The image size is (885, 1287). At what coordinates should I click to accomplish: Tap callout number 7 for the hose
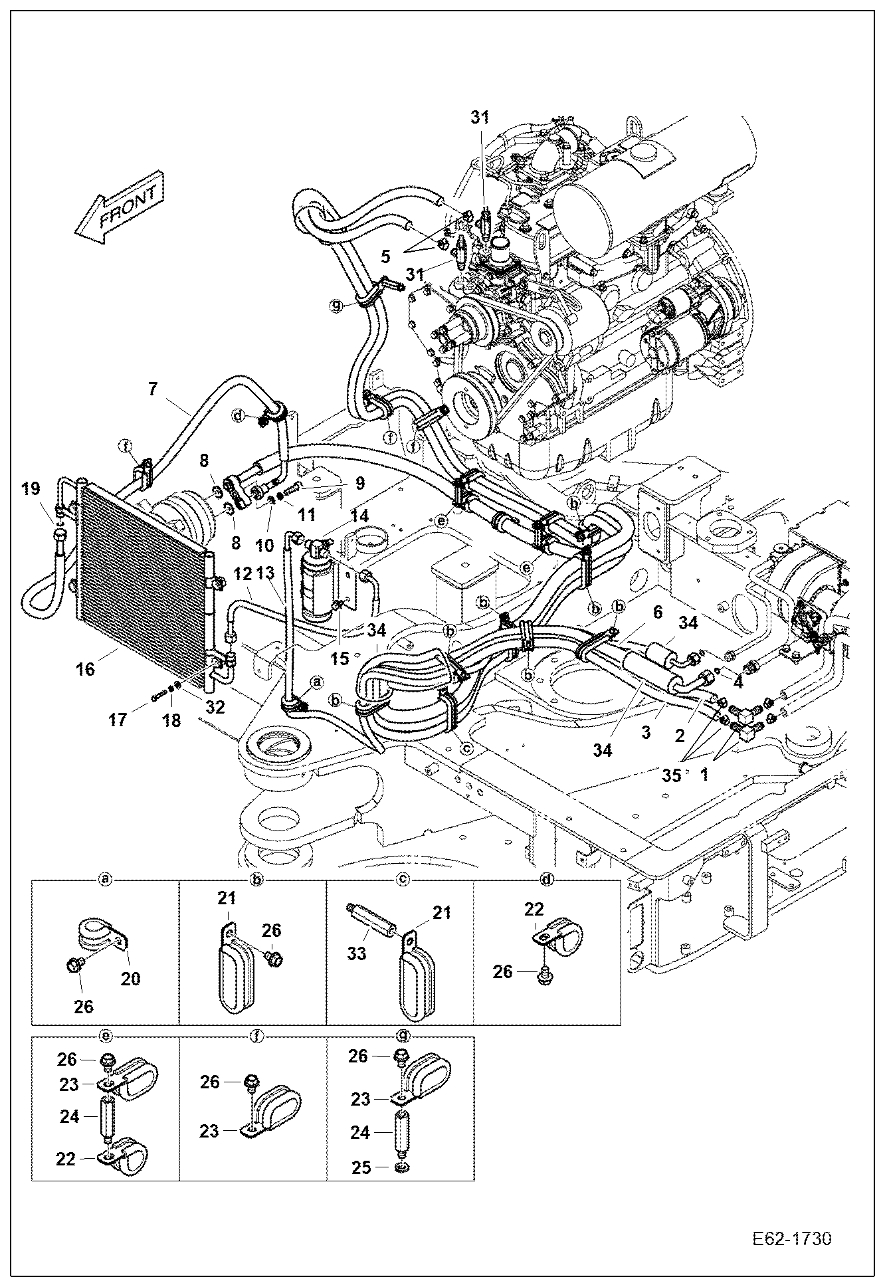153,389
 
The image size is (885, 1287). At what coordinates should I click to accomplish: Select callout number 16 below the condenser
85,669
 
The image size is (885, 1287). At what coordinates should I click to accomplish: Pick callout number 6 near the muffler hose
657,612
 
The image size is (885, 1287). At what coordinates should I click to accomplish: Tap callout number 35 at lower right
672,775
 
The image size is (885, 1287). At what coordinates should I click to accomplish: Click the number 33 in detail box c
356,953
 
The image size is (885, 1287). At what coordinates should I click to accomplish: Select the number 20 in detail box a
131,978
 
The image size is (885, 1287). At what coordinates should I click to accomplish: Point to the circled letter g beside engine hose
337,306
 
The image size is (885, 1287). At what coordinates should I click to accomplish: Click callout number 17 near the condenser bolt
118,720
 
